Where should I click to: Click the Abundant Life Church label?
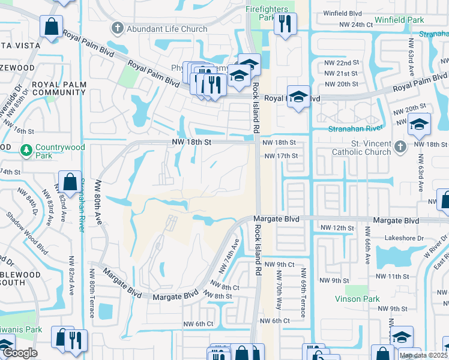(x=166, y=29)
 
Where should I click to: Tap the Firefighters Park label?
(x=268, y=14)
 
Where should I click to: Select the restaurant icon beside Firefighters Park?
(x=284, y=25)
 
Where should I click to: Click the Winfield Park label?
(x=399, y=20)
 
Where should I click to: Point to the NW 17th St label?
(x=281, y=156)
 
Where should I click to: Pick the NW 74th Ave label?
(x=231, y=254)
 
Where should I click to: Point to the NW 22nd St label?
(x=341, y=62)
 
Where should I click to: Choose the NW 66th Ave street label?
(x=367, y=251)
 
